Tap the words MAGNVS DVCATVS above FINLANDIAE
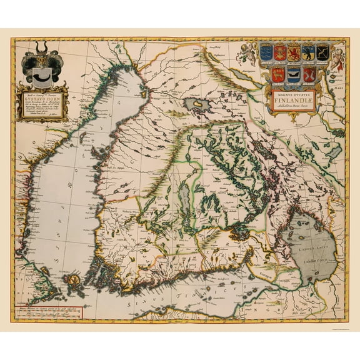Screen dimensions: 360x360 point(294,90)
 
